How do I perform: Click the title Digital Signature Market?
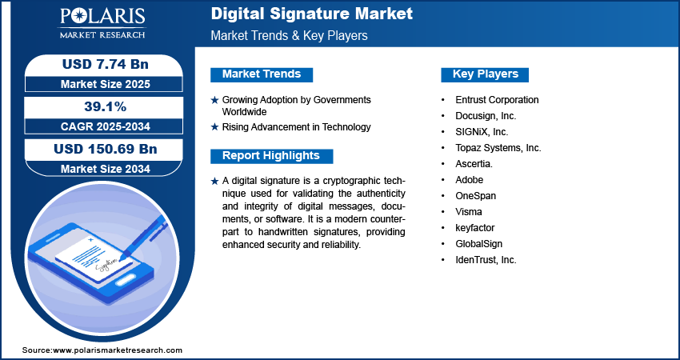312,14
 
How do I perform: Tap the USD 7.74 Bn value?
99,65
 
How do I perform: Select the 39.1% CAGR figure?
99,106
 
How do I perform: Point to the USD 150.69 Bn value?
99,149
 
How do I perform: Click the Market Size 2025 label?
99,83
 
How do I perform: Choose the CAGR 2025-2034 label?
99,126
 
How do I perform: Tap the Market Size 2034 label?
99,168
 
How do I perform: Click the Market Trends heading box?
262,74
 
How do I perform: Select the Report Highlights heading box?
271,156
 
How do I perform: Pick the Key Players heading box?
486,74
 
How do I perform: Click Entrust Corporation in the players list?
497,100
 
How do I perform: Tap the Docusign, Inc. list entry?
486,116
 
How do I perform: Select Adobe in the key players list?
470,180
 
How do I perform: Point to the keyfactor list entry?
475,228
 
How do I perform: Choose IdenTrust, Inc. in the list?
486,260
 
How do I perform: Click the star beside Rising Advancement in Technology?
214,127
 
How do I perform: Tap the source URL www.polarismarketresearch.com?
117,350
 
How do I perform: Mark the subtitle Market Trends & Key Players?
289,36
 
